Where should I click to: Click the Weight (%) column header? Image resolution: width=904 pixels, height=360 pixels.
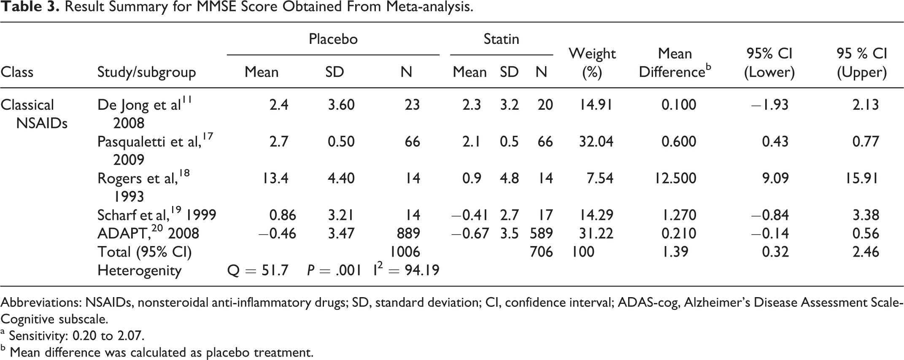592,63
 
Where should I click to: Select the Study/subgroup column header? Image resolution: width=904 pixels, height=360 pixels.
146,73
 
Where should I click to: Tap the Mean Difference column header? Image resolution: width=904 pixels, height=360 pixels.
675,63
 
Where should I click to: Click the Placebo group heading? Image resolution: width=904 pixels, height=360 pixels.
333,39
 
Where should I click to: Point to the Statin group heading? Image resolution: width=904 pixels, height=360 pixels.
501,39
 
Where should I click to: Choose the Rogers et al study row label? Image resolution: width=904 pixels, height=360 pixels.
143,187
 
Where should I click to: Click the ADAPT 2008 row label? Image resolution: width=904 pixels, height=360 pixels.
148,233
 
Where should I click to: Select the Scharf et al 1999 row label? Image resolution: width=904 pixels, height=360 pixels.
157,215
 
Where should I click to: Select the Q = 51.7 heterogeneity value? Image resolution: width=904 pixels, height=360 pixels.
258,271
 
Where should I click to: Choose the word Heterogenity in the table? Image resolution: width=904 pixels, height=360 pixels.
139,271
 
